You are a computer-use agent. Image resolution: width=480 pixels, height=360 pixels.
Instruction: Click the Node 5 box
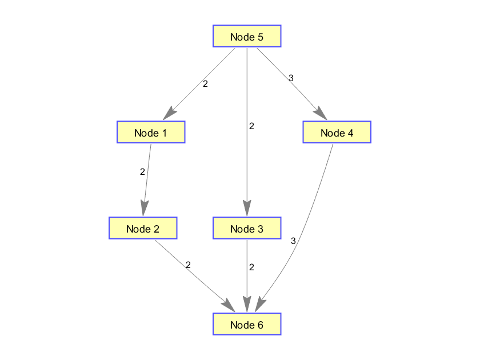247,37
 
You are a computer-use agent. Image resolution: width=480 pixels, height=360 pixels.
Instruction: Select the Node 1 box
151,133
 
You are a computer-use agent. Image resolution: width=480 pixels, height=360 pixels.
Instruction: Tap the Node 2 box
143,229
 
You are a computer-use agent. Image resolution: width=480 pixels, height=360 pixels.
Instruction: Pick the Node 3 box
247,229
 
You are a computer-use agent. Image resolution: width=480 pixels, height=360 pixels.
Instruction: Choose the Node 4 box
337,133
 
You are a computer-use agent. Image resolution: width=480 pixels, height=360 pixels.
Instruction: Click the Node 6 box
247,325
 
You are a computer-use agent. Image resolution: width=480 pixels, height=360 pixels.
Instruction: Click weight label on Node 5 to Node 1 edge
205,83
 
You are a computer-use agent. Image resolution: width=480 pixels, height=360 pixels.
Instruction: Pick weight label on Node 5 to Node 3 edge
251,126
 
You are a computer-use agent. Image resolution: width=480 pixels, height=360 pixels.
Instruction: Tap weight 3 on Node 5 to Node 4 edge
291,78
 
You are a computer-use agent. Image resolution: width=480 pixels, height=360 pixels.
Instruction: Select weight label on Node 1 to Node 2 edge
142,171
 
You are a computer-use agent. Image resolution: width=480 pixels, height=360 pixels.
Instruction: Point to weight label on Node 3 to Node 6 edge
251,267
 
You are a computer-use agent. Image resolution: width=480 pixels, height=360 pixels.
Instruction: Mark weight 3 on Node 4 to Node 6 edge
293,241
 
